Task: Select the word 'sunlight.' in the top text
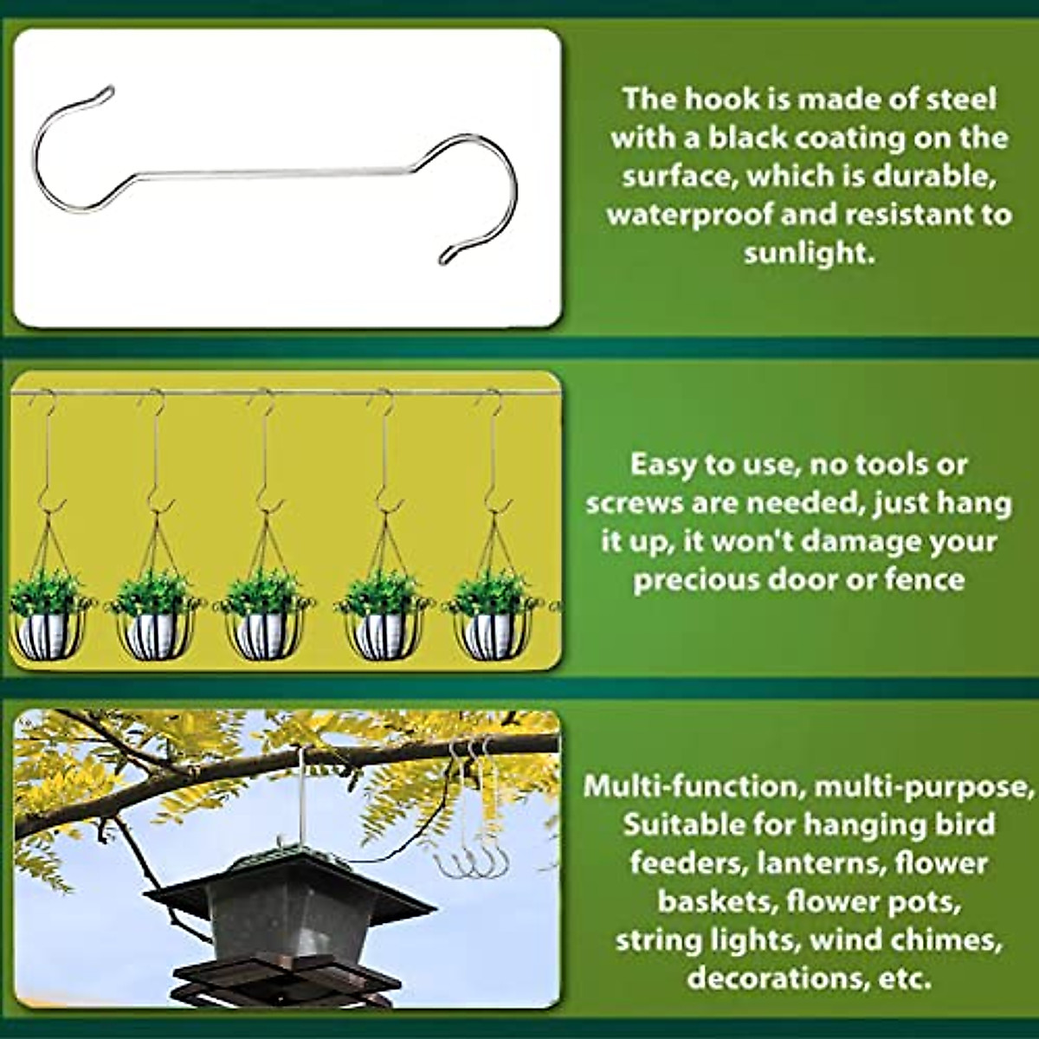coord(809,253)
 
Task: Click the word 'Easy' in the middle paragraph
coord(662,465)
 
